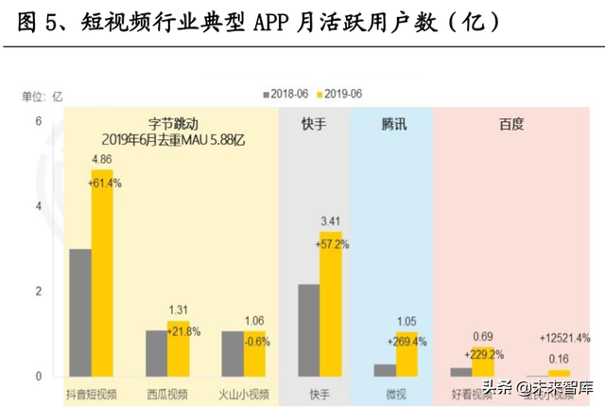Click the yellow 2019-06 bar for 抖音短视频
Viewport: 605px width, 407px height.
pyautogui.click(x=102, y=274)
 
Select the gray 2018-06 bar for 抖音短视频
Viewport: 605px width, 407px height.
pyautogui.click(x=80, y=312)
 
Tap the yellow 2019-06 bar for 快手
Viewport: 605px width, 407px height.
pyautogui.click(x=330, y=304)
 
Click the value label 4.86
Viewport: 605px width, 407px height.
pyautogui.click(x=102, y=158)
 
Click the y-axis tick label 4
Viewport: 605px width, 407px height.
pyautogui.click(x=40, y=206)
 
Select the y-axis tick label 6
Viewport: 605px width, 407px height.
pyautogui.click(x=40, y=121)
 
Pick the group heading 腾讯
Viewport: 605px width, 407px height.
pyautogui.click(x=394, y=124)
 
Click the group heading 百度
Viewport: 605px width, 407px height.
pyautogui.click(x=510, y=124)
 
